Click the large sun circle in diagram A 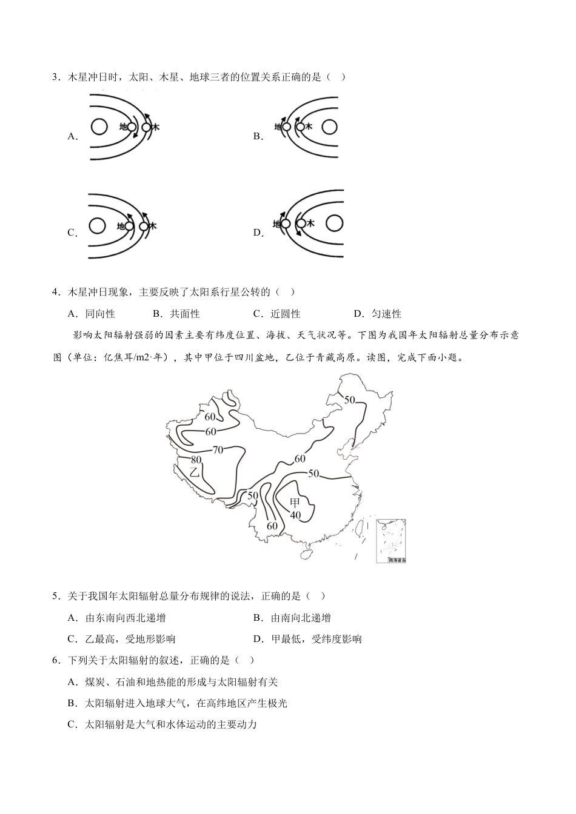[x=99, y=127]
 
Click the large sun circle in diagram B [x=329, y=127]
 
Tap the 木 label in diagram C [x=152, y=226]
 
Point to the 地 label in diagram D [x=276, y=223]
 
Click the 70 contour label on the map [x=218, y=449]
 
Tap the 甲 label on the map [x=295, y=502]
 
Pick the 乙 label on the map [x=195, y=472]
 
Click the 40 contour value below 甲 [x=295, y=515]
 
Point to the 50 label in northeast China [x=350, y=400]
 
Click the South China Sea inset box [x=390, y=541]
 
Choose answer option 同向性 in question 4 [x=100, y=314]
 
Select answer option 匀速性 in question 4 [x=386, y=314]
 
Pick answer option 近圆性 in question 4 [x=286, y=314]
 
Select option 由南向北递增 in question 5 [x=301, y=618]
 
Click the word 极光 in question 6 [x=277, y=703]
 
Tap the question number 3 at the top [x=56, y=77]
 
